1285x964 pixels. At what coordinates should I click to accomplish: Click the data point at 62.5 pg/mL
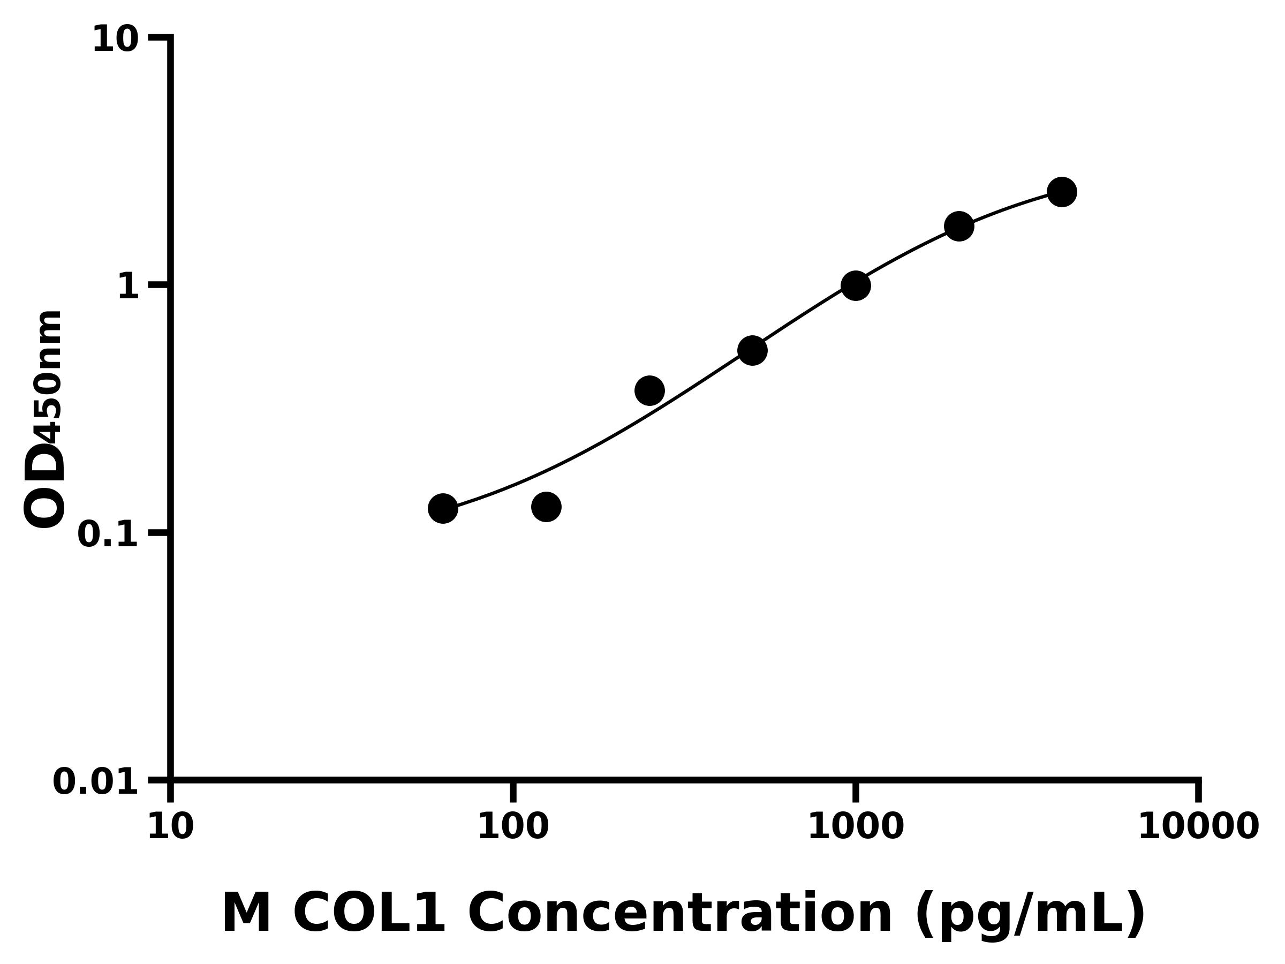[x=443, y=508]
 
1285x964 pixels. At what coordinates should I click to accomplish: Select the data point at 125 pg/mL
[x=546, y=507]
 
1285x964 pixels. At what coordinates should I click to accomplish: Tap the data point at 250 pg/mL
[x=649, y=390]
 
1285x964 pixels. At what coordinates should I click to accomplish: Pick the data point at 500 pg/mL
[x=752, y=350]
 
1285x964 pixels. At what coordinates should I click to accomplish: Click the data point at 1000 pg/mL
[x=856, y=285]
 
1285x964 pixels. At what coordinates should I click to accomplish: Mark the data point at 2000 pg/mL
[x=959, y=226]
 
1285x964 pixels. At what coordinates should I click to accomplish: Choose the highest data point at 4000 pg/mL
[x=1062, y=192]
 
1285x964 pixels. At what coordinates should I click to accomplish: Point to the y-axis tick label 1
[x=128, y=287]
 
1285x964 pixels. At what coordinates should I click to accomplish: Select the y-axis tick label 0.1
[x=108, y=534]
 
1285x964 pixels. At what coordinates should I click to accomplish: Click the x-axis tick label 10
[x=170, y=827]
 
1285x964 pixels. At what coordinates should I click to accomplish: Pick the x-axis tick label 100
[x=513, y=827]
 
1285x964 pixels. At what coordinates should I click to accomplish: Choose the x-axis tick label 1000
[x=856, y=827]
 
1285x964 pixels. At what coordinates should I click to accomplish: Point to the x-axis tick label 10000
[x=1198, y=827]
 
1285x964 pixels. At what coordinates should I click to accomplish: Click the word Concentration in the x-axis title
[x=679, y=914]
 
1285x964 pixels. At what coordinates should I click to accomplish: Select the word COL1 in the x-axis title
[x=369, y=914]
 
